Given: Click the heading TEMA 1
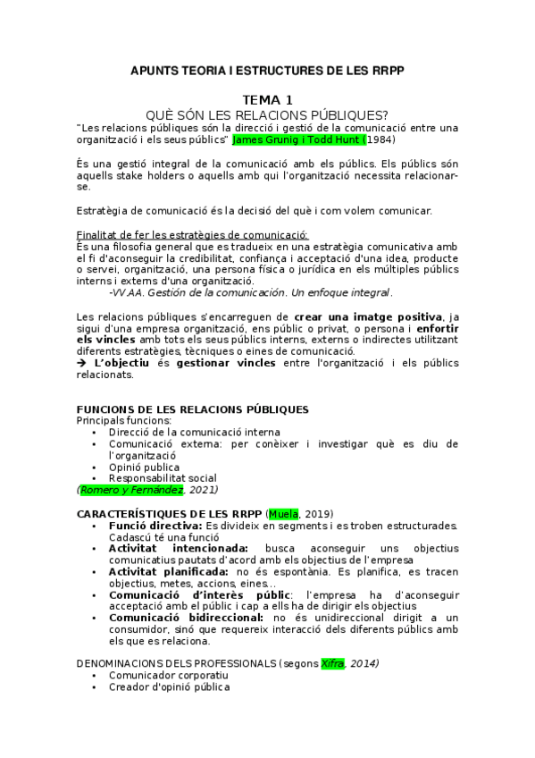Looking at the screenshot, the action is click(x=267, y=100).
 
